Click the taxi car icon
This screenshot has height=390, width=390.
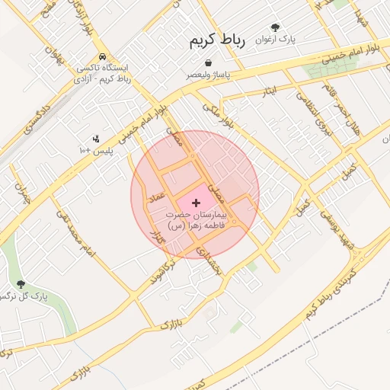(x=102, y=57)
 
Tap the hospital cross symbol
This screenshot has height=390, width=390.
(x=197, y=203)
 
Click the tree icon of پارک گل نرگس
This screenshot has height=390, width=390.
(x=21, y=284)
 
